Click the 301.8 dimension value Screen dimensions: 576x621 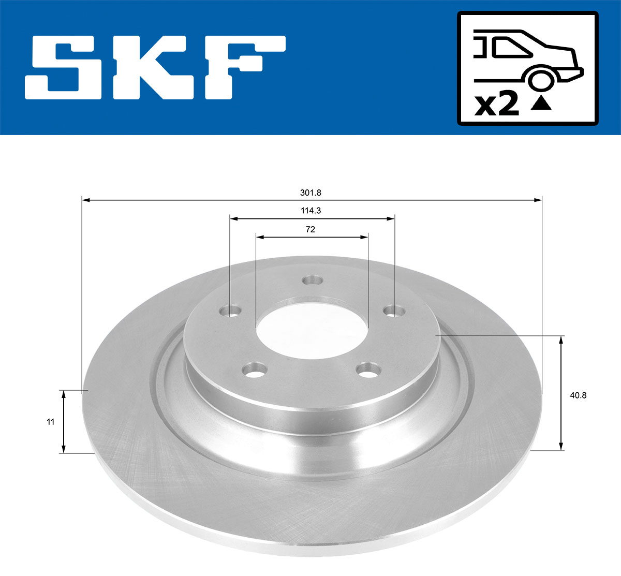[310, 193]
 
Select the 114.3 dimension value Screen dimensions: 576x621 [310, 211]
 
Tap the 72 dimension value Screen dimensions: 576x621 [310, 229]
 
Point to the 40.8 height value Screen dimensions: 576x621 [578, 395]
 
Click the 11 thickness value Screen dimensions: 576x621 [50, 422]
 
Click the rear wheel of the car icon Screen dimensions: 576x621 [540, 80]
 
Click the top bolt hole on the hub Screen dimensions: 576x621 [312, 280]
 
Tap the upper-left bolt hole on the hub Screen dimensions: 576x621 [230, 312]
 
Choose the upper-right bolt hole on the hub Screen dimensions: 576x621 [394, 311]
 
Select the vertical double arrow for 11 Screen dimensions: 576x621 [63, 422]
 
